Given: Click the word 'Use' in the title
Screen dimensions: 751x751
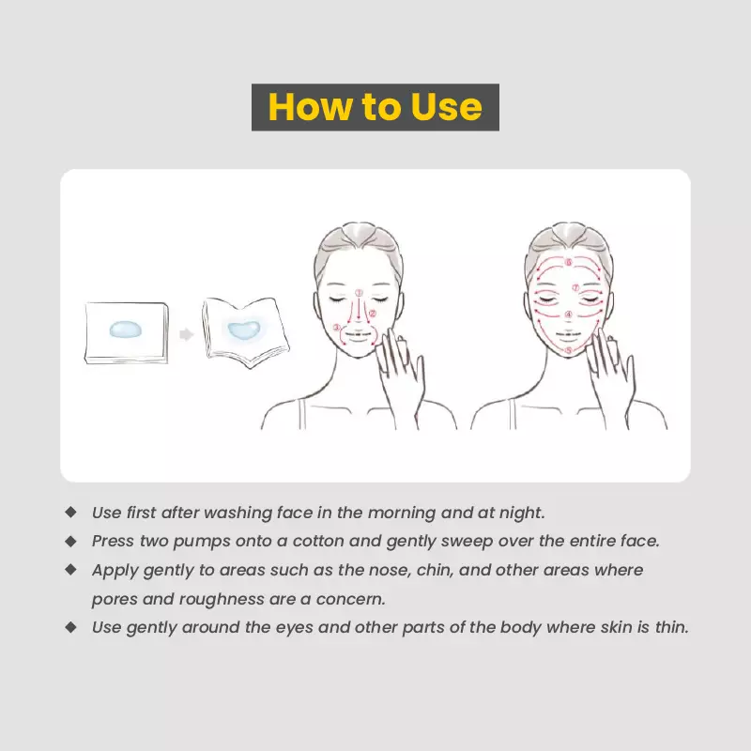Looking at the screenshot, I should (446, 107).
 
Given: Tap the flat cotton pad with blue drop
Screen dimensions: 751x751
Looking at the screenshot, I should (125, 330).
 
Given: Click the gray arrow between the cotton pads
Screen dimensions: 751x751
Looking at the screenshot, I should (187, 333).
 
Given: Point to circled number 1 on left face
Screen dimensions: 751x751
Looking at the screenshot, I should (359, 292).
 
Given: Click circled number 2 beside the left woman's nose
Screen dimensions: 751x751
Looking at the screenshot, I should (373, 314).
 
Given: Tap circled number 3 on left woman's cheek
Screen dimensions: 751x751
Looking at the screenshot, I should (337, 328).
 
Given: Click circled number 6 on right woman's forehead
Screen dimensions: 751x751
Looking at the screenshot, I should (568, 262).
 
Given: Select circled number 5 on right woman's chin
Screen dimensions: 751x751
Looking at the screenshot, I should (569, 349).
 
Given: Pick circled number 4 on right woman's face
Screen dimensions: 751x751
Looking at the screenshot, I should (569, 315).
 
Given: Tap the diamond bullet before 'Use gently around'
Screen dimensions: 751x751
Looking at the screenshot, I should (70, 626).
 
